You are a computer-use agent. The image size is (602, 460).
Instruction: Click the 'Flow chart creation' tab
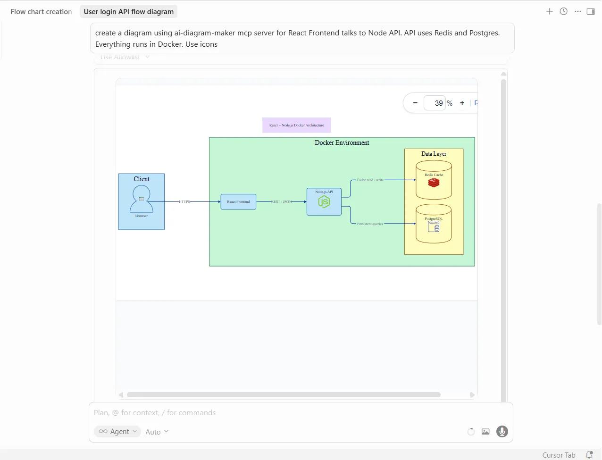(x=41, y=12)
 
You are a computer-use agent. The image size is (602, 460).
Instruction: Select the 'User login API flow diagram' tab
(x=128, y=12)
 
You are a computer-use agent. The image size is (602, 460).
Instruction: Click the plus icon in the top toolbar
(x=549, y=11)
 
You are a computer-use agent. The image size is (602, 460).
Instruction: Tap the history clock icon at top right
(x=563, y=11)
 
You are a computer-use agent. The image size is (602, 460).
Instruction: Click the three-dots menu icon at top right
(x=577, y=11)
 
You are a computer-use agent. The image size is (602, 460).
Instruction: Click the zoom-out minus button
(x=415, y=103)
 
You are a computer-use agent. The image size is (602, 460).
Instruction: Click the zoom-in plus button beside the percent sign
(x=462, y=103)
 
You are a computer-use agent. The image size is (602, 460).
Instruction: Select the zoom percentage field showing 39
(x=435, y=103)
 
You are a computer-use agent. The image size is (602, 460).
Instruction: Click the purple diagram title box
(x=296, y=125)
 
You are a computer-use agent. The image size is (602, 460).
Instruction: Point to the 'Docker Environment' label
(x=342, y=142)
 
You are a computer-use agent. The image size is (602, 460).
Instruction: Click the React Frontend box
(x=238, y=201)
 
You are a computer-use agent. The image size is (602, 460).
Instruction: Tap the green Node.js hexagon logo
(x=324, y=202)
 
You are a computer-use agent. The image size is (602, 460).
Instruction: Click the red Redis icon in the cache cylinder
(x=434, y=183)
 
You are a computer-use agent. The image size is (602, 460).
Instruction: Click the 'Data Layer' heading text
(x=434, y=154)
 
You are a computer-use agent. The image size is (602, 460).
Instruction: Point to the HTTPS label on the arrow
(x=184, y=201)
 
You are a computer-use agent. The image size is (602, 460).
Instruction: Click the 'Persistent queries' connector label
(x=370, y=224)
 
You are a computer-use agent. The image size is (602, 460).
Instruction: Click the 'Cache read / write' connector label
(x=370, y=180)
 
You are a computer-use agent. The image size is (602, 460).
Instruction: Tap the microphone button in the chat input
(x=502, y=431)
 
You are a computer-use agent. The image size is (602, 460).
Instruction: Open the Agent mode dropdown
(x=117, y=431)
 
